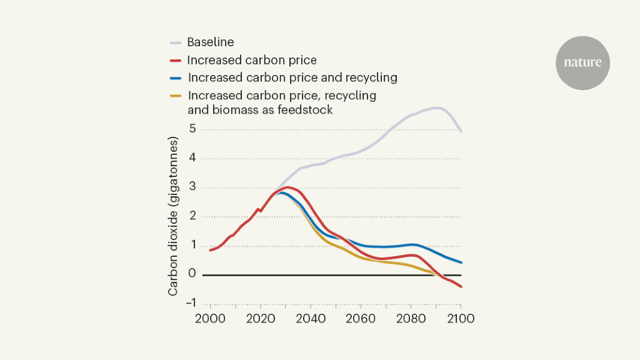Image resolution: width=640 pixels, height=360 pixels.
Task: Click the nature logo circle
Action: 582,62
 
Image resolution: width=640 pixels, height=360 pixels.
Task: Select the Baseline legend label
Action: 211,42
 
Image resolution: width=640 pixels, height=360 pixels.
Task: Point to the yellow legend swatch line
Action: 176,96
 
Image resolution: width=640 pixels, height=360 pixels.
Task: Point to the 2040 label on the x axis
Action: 310,318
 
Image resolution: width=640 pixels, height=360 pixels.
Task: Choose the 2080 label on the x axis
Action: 411,318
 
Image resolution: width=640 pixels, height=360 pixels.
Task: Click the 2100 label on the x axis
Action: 461,318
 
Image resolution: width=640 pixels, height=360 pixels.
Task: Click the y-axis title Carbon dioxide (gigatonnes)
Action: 174,216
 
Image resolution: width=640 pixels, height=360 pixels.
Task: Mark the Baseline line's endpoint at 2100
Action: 461,131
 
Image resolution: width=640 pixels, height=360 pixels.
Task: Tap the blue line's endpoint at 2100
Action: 461,262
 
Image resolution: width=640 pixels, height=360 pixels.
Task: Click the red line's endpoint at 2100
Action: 461,286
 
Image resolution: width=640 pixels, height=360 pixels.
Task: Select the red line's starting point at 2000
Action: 210,250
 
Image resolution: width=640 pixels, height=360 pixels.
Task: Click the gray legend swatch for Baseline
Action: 176,43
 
